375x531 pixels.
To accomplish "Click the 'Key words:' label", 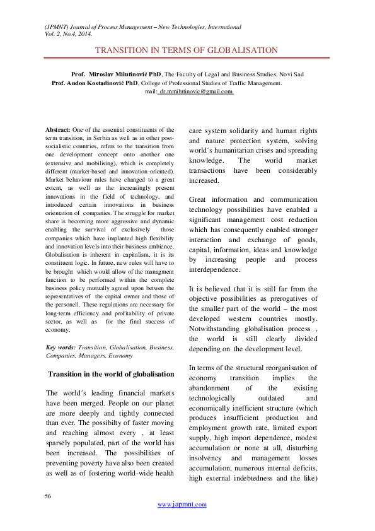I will (61, 347).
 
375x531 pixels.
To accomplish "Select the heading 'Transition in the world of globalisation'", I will (111, 374).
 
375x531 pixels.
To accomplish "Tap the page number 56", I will (48, 497).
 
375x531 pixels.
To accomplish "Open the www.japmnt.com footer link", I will (182, 505).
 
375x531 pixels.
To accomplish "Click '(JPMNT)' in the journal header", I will (57, 28).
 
